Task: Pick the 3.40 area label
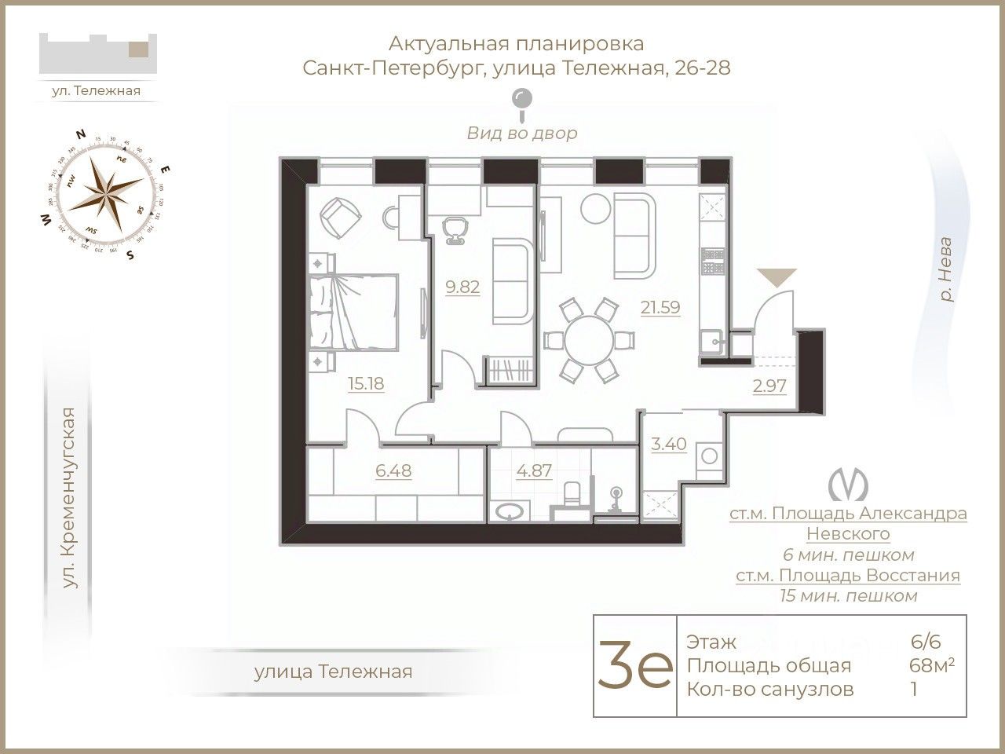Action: point(669,444)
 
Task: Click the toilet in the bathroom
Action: point(572,495)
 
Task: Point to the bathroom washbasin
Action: point(513,512)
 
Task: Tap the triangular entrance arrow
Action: point(776,276)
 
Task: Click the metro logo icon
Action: point(849,483)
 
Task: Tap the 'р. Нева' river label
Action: point(947,269)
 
